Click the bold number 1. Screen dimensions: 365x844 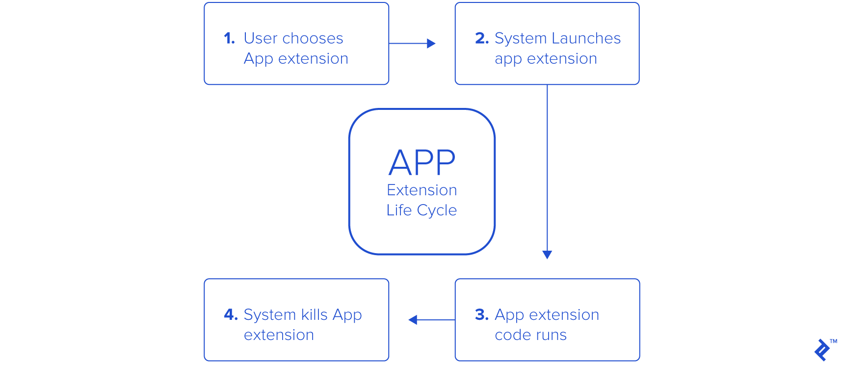tap(229, 38)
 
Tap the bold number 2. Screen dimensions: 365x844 tap(481, 38)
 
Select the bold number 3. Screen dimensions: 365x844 tap(481, 314)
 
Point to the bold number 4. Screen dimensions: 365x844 tap(230, 314)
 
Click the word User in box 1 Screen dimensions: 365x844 tap(261, 38)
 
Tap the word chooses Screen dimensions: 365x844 tap(313, 38)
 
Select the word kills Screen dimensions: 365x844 tap(314, 314)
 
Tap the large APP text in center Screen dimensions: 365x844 tap(422, 163)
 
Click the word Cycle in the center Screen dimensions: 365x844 tap(437, 210)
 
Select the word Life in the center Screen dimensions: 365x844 tap(399, 210)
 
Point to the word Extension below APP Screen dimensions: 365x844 tap(422, 190)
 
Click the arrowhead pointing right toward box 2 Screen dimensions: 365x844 tap(431, 44)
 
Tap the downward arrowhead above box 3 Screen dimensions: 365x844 tap(547, 254)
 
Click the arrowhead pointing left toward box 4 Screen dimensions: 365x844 tap(413, 320)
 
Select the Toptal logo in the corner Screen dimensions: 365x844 tap(822, 350)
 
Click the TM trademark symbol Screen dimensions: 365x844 tap(833, 341)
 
